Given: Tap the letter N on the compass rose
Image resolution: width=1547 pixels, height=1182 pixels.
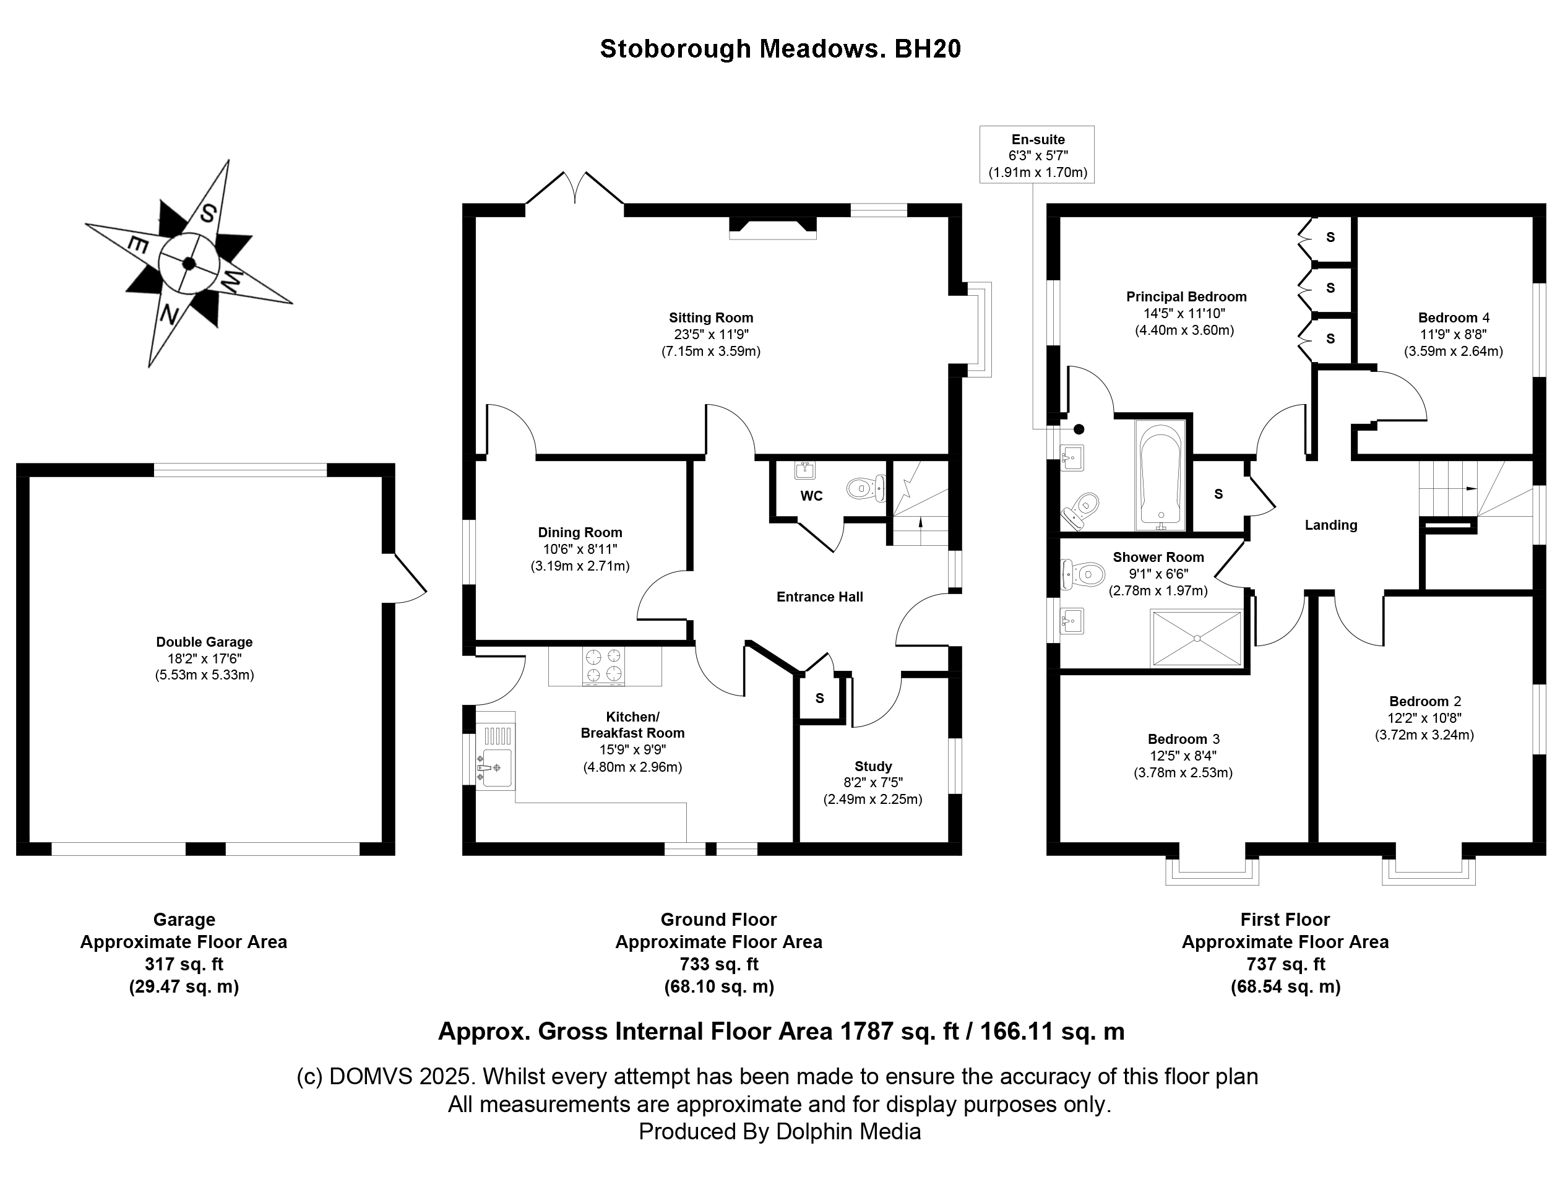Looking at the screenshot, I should click(168, 314).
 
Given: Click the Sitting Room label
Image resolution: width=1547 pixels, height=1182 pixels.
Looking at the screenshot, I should click(710, 318).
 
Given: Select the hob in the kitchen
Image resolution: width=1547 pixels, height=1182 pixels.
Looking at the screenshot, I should click(603, 666).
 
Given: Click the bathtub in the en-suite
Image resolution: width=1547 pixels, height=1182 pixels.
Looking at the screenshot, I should click(1160, 477).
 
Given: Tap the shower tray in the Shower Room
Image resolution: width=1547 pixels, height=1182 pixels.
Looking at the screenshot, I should click(1196, 638).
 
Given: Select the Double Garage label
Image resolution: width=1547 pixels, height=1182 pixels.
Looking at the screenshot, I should click(204, 642).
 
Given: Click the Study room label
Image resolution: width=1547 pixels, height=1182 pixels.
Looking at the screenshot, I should click(873, 766).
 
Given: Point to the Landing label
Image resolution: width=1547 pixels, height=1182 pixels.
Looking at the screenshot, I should click(1330, 525).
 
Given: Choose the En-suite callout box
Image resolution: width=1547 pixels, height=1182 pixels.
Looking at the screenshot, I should click(1037, 155).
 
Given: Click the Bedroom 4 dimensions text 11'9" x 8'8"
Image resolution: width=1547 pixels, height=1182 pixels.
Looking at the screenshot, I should click(1453, 334).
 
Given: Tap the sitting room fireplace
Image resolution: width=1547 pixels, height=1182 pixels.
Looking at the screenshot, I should click(772, 226).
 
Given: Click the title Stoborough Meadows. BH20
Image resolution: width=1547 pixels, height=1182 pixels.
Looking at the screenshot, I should click(780, 48).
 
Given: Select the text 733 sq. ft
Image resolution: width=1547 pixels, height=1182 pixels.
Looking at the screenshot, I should click(718, 964).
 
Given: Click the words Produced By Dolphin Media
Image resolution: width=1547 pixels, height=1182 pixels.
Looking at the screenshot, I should click(780, 1131).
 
